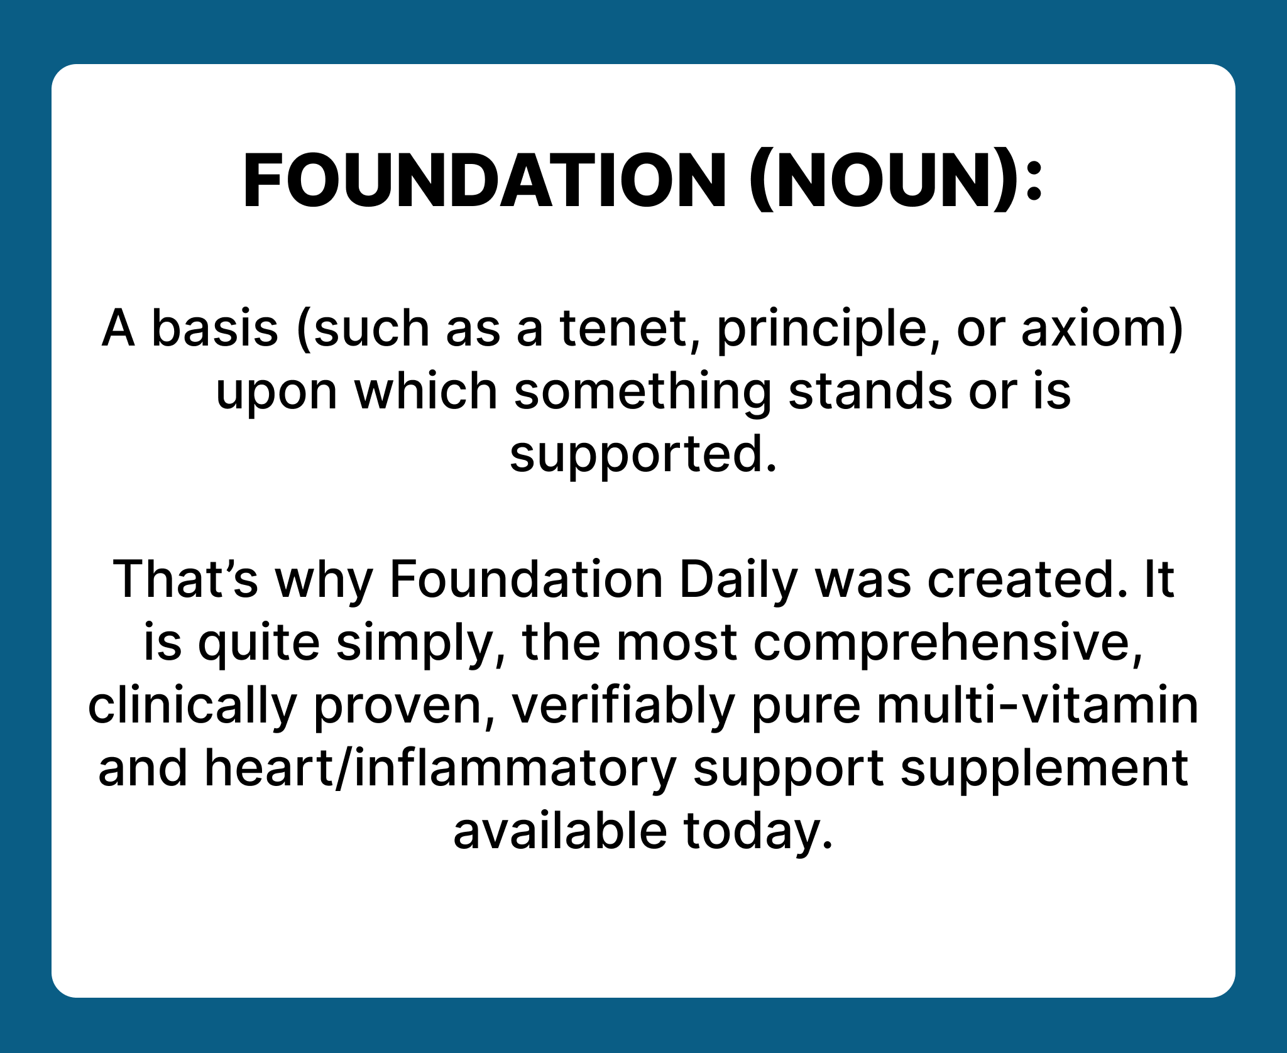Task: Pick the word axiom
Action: tap(1094, 329)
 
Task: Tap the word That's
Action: tap(185, 579)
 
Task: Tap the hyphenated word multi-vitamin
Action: tap(1038, 706)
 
